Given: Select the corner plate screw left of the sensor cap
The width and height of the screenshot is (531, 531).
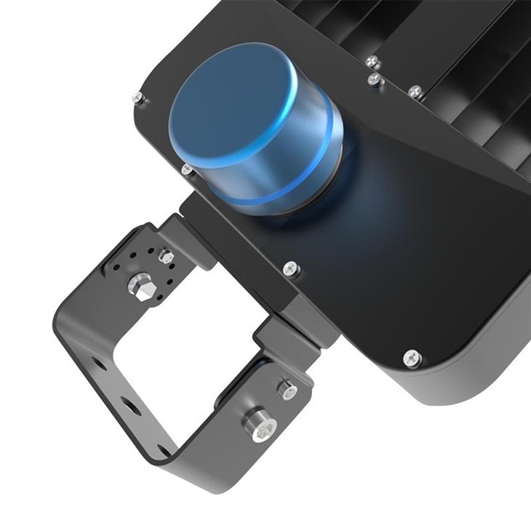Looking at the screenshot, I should pos(137,97).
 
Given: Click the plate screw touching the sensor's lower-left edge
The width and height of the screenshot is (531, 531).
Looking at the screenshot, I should pos(187,169).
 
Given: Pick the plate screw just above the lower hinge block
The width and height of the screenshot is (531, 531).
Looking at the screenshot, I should pos(291,268).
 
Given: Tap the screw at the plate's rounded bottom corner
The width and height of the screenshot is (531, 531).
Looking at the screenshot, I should pos(412,358).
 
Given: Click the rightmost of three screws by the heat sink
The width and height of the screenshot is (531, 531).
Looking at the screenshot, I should pos(415,92).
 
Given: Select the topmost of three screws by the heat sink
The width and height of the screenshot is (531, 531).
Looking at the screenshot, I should pos(372,61).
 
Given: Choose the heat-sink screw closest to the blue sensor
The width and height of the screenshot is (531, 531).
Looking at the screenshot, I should pos(375,79).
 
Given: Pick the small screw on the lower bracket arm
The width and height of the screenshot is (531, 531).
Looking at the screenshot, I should pos(287,390).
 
